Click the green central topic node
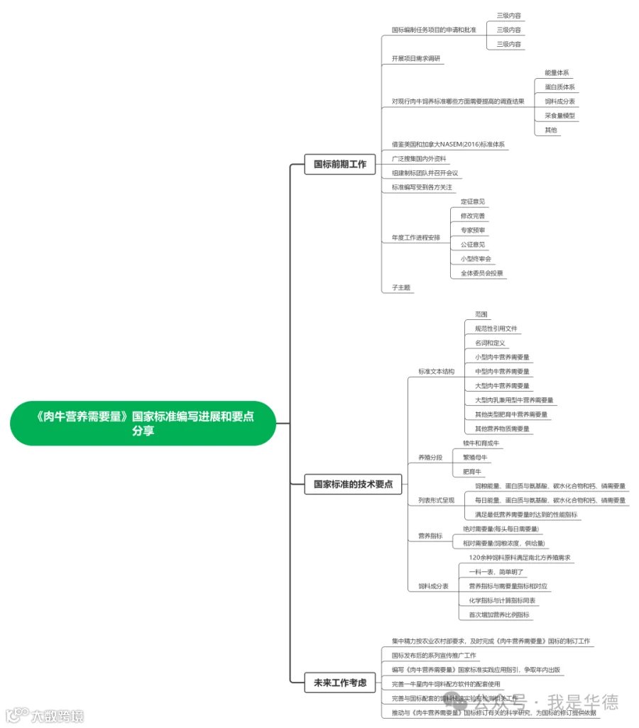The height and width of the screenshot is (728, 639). point(143,424)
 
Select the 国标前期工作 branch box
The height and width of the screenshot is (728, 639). point(340,164)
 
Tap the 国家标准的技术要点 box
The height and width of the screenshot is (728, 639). point(353,485)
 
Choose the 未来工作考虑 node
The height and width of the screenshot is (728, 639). point(340,683)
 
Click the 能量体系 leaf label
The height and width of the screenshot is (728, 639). point(557,72)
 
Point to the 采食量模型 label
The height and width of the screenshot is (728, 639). point(559,116)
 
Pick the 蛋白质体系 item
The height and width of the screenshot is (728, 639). point(559,87)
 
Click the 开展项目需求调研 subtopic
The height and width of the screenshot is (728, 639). point(416,58)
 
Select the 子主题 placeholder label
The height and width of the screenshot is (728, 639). point(401,287)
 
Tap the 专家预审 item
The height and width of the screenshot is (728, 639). point(473,230)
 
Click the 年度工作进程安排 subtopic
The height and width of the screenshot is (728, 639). point(415,238)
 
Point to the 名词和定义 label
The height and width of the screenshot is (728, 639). point(490,343)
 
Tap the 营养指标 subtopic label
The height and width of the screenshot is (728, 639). point(430,536)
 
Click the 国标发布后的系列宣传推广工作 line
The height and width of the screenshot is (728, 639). point(433,655)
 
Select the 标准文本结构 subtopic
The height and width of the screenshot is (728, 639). point(436,371)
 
